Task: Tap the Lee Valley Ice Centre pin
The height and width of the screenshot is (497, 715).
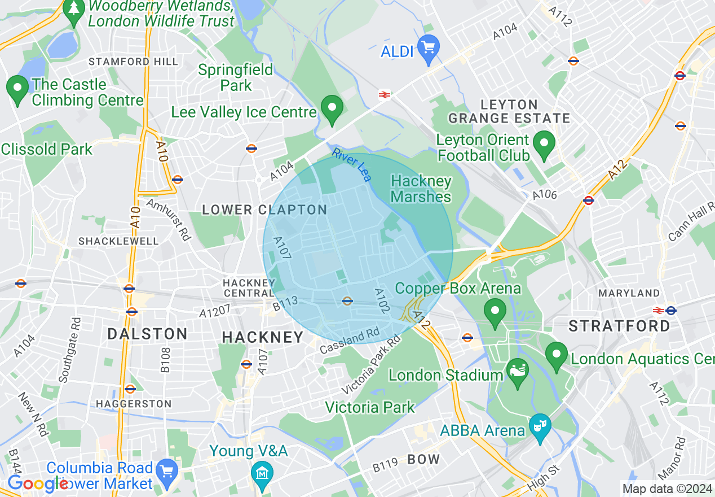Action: point(332,110)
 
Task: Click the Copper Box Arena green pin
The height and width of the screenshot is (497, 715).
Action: point(495,312)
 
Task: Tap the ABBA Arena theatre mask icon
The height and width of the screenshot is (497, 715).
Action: point(540,428)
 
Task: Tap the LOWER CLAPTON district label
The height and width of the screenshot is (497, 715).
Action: point(264,210)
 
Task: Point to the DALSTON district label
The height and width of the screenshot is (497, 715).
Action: point(148,334)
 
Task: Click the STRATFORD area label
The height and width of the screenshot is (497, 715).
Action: point(619,326)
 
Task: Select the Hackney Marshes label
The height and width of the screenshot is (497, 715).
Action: point(421,189)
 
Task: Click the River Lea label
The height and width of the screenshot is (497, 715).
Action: point(352,164)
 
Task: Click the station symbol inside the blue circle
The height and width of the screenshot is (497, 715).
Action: point(347,300)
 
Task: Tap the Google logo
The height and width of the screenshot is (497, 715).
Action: point(37,483)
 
